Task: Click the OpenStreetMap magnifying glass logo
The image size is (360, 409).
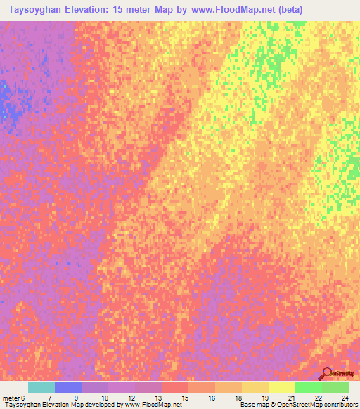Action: pos(327,374)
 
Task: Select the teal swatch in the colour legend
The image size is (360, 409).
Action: pos(41,387)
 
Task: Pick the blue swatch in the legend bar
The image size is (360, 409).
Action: pos(68,387)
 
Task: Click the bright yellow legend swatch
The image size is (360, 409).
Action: pos(282,387)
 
